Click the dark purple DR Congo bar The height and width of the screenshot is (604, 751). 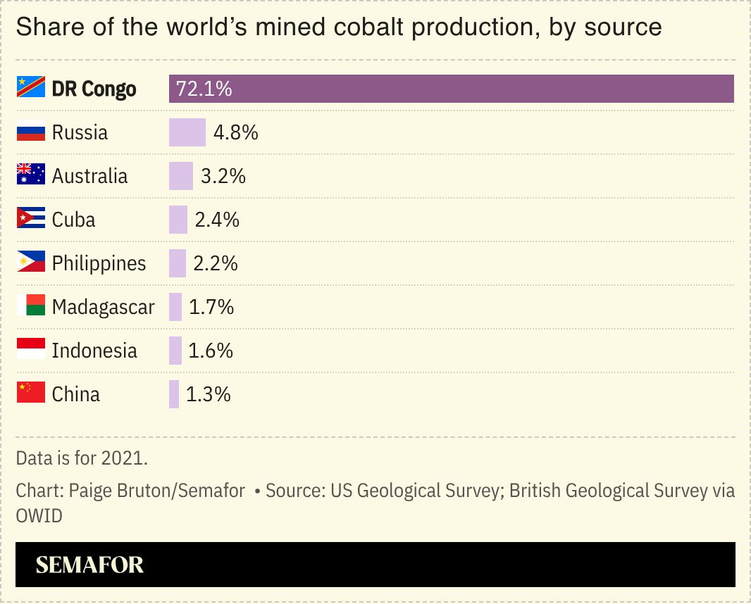(451, 89)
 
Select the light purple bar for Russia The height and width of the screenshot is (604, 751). (187, 132)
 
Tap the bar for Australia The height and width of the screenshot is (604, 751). (180, 176)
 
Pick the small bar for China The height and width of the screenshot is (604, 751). (174, 394)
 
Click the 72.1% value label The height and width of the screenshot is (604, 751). (204, 89)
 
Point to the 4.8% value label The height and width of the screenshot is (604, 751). (235, 132)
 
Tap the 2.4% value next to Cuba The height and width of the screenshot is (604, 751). (217, 220)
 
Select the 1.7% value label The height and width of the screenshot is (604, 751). (211, 307)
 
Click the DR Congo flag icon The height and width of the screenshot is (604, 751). (31, 89)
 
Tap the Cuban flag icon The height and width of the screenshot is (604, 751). (31, 220)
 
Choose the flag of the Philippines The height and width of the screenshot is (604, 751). (31, 263)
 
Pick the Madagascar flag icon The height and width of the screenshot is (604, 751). (31, 307)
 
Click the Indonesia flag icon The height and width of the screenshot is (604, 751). (31, 351)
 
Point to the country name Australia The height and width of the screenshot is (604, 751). (89, 176)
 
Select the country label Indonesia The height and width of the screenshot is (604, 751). (94, 351)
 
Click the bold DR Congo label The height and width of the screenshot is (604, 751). (94, 89)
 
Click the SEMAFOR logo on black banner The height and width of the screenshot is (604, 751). (89, 565)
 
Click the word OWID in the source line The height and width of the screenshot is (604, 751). (39, 516)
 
